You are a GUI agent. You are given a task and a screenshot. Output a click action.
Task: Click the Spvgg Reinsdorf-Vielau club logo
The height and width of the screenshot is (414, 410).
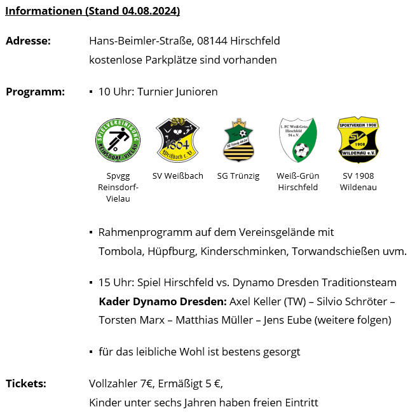point(118,141)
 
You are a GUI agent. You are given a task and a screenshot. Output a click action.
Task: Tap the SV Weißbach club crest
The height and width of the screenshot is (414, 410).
point(177,141)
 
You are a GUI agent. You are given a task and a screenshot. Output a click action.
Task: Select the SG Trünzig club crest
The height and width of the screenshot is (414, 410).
point(238,141)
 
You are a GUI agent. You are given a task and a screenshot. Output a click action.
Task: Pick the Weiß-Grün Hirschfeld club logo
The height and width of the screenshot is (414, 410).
point(298,141)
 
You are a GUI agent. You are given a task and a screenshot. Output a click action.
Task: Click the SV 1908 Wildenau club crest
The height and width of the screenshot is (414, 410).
point(358,140)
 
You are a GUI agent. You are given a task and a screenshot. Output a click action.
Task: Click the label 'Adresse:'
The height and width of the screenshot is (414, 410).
point(28,41)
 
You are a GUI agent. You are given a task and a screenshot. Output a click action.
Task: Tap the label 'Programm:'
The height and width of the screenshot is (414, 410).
point(35,92)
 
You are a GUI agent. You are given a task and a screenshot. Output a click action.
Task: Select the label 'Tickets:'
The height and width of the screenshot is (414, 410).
point(25,383)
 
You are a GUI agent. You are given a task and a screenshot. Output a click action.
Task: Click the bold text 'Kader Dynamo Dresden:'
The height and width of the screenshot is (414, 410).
point(162,301)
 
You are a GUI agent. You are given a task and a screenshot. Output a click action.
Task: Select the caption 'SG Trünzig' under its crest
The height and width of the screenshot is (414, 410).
point(238,176)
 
